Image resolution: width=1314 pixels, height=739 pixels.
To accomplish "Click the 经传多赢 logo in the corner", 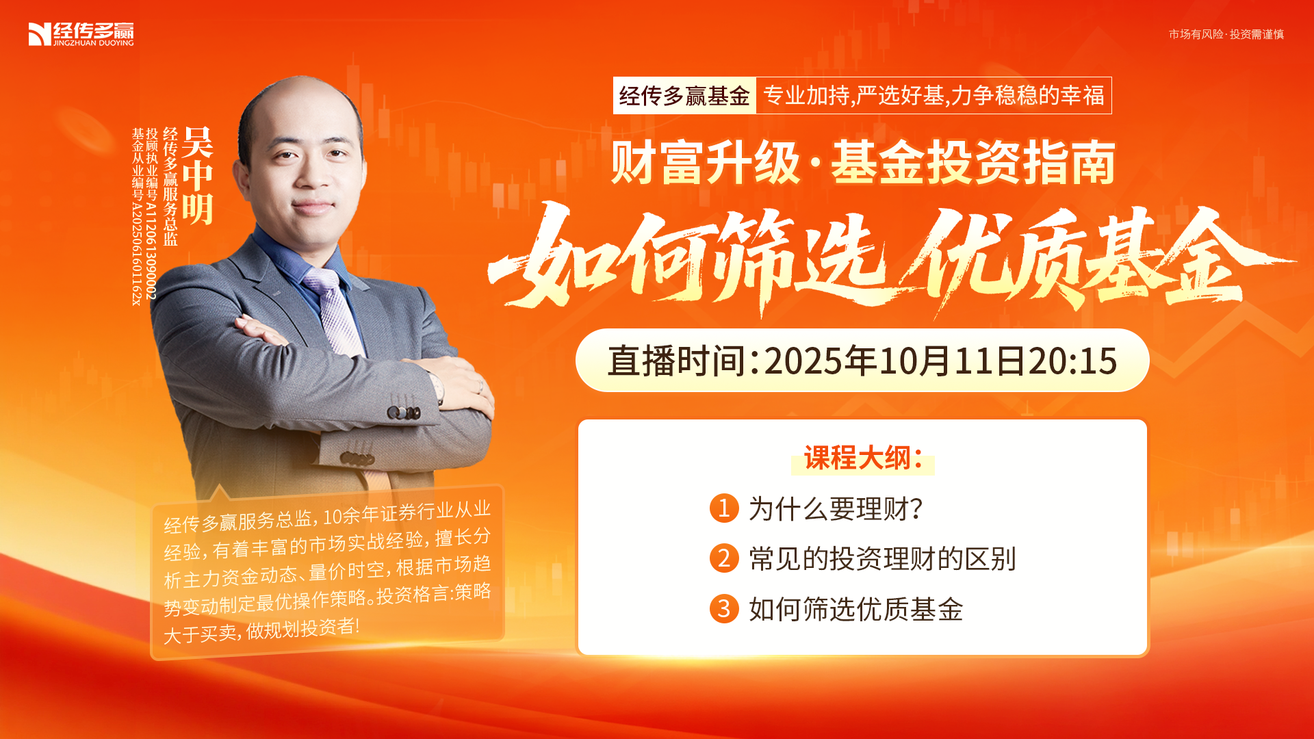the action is click(81, 34).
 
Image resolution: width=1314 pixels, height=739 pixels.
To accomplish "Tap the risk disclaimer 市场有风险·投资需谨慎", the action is click(1226, 34).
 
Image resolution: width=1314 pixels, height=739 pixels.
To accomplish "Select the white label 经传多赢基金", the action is click(684, 96).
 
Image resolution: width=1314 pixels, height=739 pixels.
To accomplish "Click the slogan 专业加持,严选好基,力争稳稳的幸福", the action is click(933, 96).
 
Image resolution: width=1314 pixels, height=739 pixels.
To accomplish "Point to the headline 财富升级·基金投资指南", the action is click(863, 163).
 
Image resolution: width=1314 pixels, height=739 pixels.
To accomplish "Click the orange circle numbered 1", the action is click(724, 508).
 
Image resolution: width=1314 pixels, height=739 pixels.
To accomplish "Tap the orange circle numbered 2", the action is click(724, 558).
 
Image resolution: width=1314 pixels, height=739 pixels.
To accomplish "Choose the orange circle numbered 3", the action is click(724, 608).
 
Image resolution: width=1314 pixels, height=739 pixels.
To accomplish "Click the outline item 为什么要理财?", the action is click(836, 509).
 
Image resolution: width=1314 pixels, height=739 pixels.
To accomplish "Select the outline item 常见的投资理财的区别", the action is click(882, 559).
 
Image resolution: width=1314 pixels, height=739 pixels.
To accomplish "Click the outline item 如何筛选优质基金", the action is click(855, 609).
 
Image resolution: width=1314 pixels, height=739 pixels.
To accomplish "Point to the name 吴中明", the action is click(198, 176).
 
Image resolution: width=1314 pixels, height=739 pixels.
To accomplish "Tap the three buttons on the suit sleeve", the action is click(404, 413).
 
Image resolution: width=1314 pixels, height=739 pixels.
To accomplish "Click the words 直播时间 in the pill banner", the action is click(676, 361).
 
